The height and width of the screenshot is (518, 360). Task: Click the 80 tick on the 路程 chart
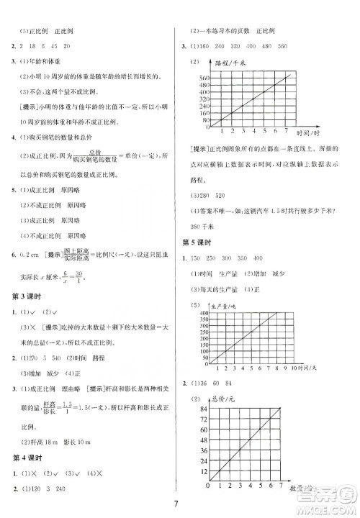[204, 120]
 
